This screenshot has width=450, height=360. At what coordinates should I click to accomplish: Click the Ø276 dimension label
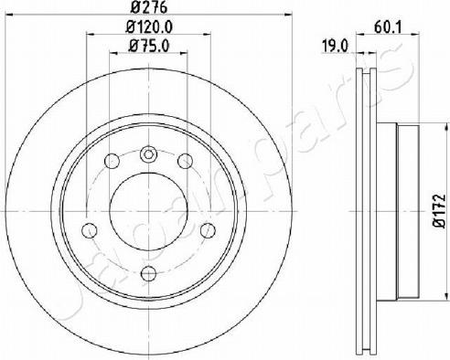tap(149, 7)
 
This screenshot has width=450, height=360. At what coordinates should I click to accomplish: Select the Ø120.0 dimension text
tap(149, 27)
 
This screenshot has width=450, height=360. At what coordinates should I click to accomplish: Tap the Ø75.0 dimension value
tap(149, 47)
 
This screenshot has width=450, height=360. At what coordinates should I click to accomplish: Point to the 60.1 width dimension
tap(388, 28)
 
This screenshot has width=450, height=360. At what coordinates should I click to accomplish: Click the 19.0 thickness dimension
tap(335, 47)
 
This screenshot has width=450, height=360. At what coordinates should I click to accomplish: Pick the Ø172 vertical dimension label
tap(439, 210)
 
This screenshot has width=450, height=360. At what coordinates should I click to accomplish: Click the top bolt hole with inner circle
tap(148, 154)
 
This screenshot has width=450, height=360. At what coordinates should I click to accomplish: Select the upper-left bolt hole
tap(112, 161)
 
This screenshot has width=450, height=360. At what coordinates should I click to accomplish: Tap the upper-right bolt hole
tap(186, 161)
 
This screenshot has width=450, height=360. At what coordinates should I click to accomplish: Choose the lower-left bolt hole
tap(90, 230)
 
